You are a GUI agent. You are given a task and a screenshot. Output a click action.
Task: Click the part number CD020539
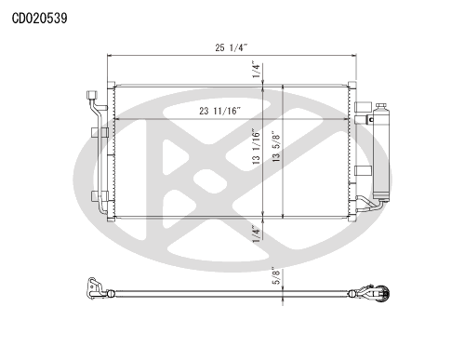39,19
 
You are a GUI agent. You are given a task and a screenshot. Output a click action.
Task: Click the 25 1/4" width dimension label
232,47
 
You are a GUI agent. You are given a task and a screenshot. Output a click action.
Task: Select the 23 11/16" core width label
219,111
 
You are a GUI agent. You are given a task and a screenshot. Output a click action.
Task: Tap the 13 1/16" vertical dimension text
256,146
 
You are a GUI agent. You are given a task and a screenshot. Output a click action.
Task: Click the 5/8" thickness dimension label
276,275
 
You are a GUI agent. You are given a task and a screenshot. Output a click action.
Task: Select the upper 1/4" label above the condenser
256,69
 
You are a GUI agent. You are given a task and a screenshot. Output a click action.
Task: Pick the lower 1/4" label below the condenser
256,234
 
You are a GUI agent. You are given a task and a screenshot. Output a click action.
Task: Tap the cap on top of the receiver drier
381,106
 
